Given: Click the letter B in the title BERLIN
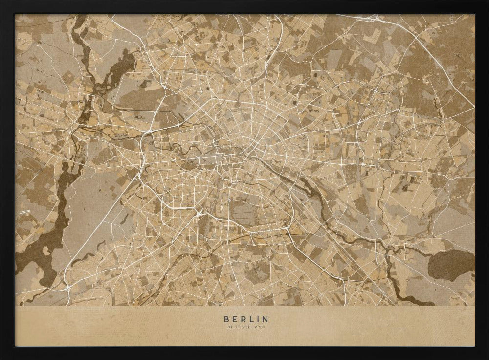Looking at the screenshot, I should [226, 319].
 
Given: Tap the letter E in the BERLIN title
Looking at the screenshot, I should [234, 319].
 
